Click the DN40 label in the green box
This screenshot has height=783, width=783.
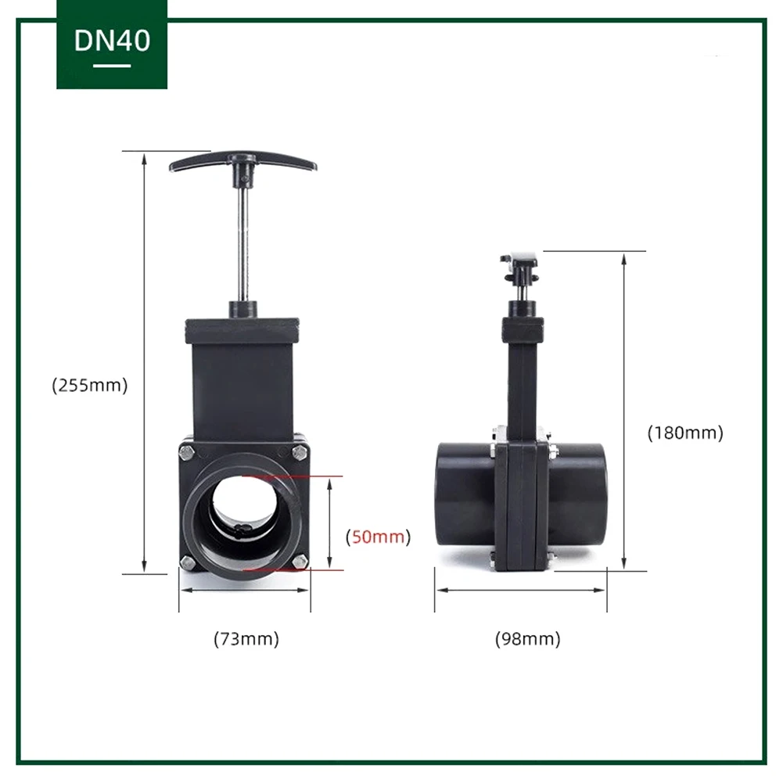point(112,41)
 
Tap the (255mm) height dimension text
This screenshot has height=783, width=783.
point(90,386)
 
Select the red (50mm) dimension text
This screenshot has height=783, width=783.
point(378,537)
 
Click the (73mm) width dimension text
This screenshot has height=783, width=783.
point(246,639)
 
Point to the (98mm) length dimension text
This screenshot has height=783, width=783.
point(528,639)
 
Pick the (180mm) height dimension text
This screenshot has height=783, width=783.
point(685,433)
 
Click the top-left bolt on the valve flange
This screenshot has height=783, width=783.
point(187,453)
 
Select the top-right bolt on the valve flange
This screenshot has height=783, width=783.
point(300,453)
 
